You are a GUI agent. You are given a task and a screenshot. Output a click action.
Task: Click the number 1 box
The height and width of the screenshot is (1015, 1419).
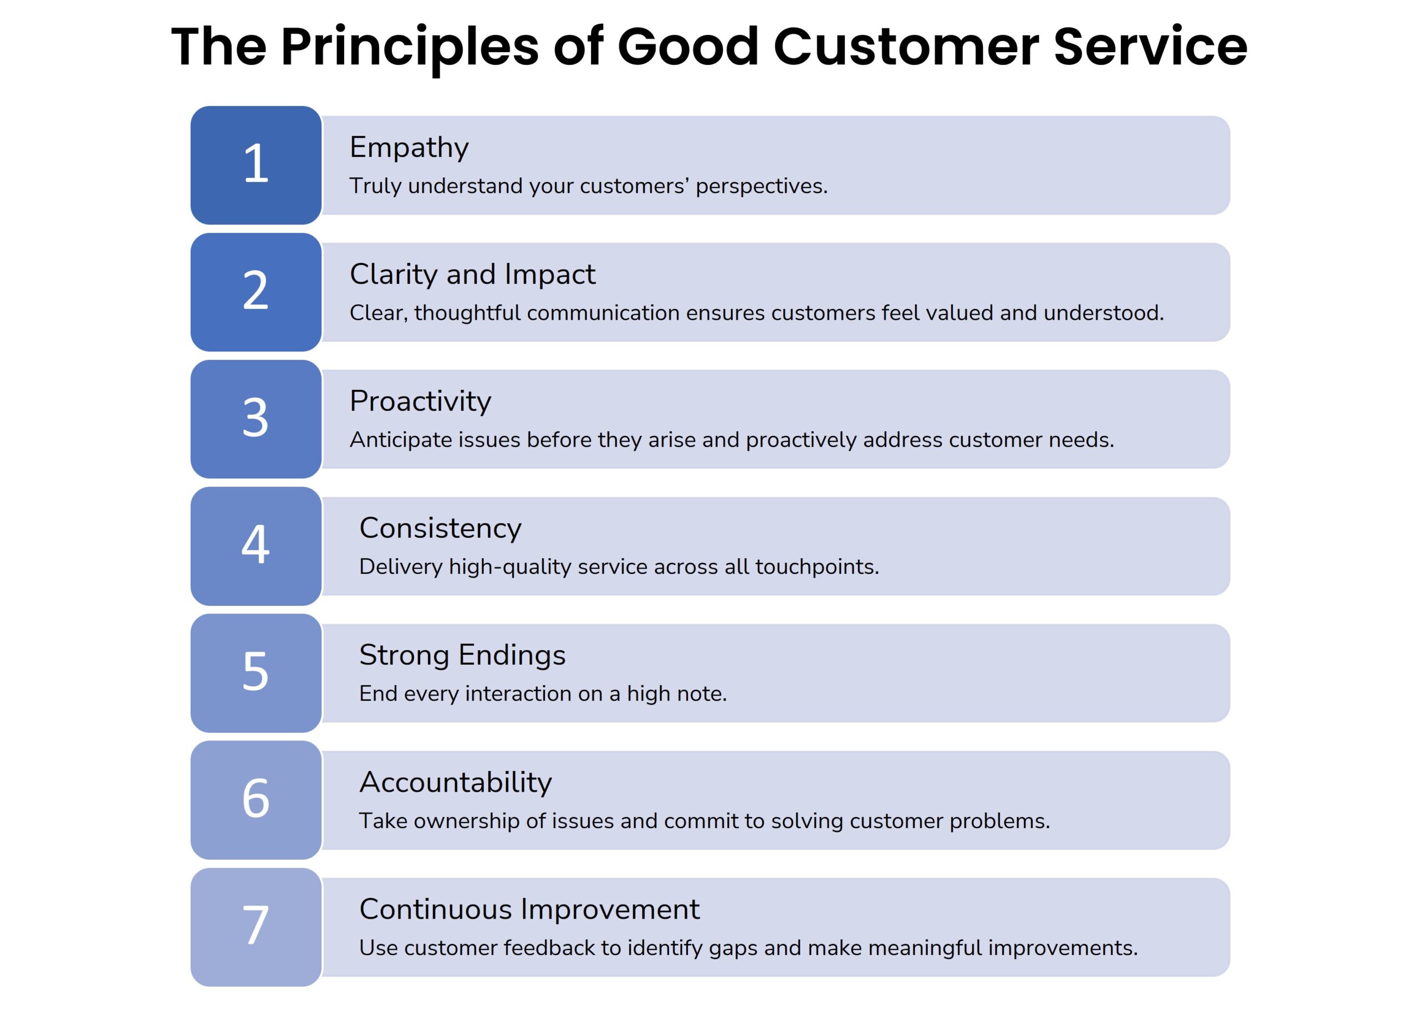click(256, 165)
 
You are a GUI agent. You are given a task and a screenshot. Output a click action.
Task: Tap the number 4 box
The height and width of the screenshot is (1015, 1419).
click(256, 545)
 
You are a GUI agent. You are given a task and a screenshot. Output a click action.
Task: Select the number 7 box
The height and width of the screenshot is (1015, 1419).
click(256, 926)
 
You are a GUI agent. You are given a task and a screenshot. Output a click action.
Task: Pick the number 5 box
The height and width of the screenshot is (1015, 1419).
click(256, 672)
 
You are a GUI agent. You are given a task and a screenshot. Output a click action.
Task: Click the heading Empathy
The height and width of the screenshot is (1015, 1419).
click(409, 147)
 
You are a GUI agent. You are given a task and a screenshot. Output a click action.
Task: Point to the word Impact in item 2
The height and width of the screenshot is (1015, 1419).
click(549, 274)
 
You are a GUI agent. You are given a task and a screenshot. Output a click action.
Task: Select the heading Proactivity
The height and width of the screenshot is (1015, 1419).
click(420, 401)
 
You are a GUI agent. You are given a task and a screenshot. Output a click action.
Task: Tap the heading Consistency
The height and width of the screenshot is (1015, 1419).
click(440, 528)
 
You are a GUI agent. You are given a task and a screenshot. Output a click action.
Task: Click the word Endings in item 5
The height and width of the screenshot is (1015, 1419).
click(511, 655)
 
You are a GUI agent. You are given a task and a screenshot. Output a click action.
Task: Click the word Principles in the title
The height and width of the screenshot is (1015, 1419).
click(409, 48)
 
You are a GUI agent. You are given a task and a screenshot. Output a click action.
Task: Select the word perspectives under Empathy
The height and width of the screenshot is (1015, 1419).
click(760, 186)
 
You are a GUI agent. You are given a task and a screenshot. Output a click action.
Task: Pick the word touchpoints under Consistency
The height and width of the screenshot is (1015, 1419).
click(816, 567)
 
